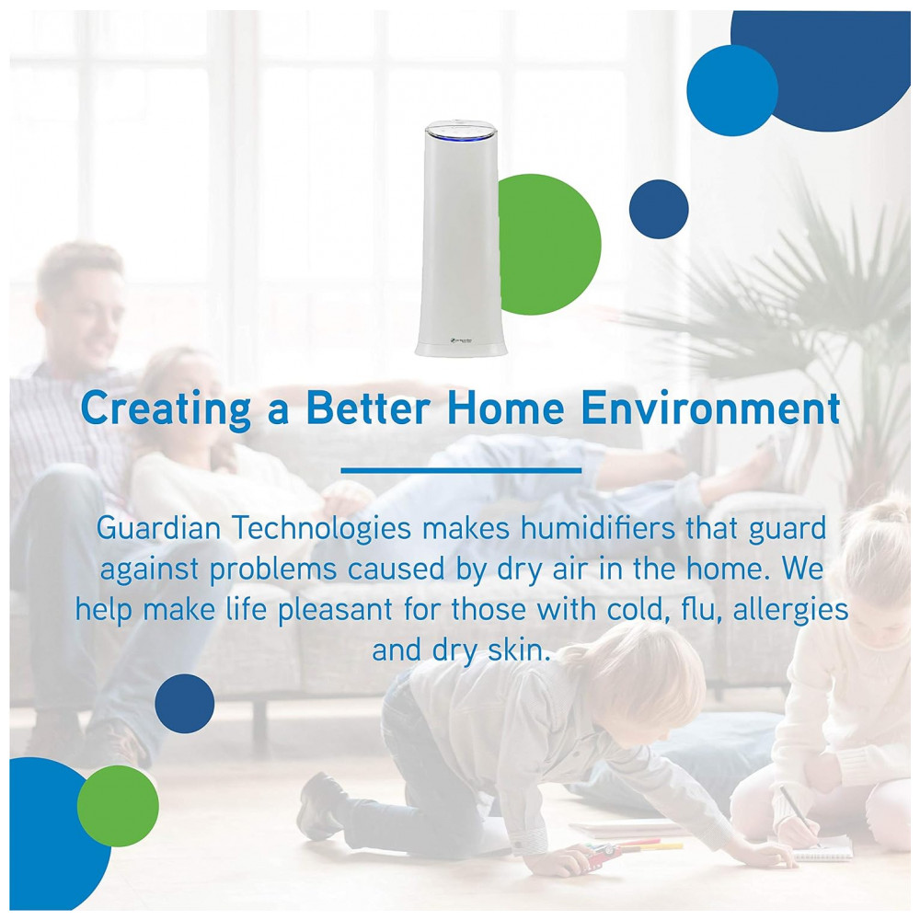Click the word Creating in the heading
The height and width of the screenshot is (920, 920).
[166, 409]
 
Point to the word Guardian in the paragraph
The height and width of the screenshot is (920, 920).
[158, 527]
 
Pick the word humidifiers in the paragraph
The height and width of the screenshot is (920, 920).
[598, 527]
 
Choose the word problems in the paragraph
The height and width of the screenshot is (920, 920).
[273, 570]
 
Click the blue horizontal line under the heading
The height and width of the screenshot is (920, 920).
[461, 470]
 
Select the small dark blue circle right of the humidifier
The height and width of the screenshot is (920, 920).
[659, 209]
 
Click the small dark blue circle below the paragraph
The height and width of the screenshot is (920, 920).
[185, 704]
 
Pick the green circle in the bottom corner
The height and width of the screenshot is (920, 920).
[118, 806]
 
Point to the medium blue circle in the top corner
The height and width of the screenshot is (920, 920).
[732, 91]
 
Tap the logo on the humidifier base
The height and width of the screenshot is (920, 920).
[461, 339]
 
